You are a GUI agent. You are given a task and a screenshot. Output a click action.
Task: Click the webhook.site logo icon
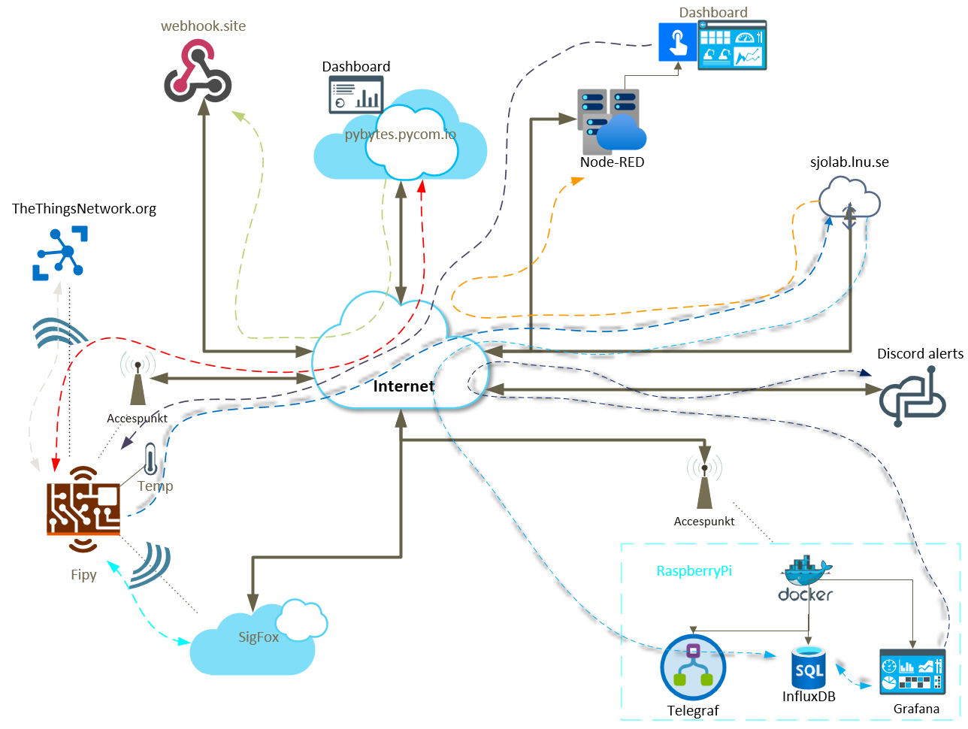pyautogui.click(x=198, y=73)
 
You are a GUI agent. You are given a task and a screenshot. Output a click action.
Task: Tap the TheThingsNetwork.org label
pyautogui.click(x=84, y=208)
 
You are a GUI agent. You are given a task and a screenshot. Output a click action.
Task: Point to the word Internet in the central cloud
pyautogui.click(x=404, y=386)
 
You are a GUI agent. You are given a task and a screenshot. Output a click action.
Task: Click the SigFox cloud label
pyautogui.click(x=259, y=637)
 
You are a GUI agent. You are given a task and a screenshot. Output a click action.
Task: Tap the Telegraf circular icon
pyautogui.click(x=693, y=667)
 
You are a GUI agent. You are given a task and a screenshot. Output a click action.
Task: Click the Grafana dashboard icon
pyautogui.click(x=912, y=673)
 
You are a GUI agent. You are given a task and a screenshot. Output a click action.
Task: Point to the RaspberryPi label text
pyautogui.click(x=694, y=570)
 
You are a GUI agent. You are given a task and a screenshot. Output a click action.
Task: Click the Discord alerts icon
pyautogui.click(x=912, y=399)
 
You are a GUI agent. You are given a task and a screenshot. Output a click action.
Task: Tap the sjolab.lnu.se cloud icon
pyautogui.click(x=849, y=199)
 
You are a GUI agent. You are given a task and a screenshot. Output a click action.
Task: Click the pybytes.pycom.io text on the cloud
pyautogui.click(x=400, y=135)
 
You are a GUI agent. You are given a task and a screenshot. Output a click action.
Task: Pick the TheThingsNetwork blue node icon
pyautogui.click(x=60, y=253)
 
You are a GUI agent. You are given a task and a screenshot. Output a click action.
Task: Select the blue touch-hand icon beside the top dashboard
pyautogui.click(x=678, y=41)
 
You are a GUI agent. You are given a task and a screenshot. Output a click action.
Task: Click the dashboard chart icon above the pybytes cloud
pyautogui.click(x=356, y=96)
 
